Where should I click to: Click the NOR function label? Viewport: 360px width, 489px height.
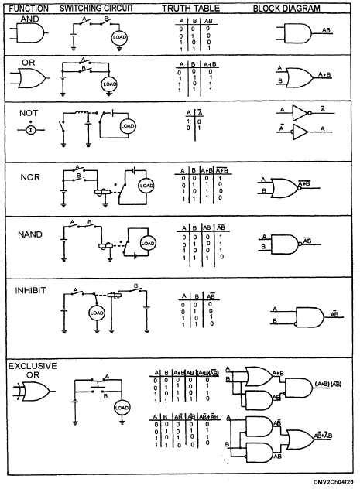pyautogui.click(x=30, y=176)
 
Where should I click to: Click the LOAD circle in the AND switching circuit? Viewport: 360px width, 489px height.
pyautogui.click(x=119, y=37)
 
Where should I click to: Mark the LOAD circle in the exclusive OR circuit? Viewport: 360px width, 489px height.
pyautogui.click(x=122, y=407)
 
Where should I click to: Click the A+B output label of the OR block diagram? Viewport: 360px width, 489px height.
pyautogui.click(x=324, y=75)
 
